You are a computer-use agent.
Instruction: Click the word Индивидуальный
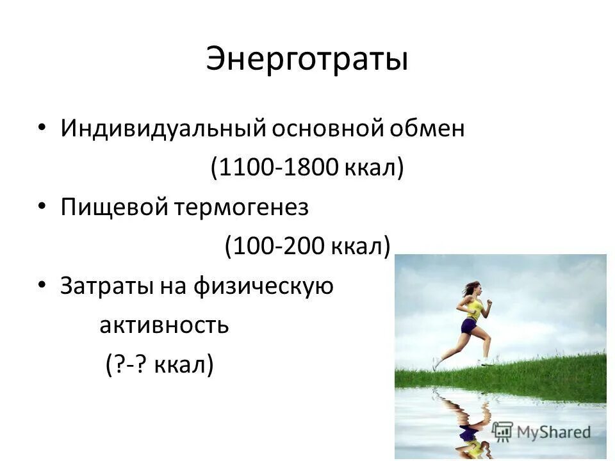[x=163, y=129]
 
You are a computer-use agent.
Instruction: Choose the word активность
[x=163, y=325]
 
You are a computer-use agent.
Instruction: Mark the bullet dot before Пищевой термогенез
[x=42, y=206]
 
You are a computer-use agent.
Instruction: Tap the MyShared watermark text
[x=551, y=432]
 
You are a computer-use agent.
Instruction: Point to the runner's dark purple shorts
[x=470, y=327]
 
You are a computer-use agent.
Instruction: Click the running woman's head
[x=471, y=289]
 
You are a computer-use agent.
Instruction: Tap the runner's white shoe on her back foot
[x=436, y=364]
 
